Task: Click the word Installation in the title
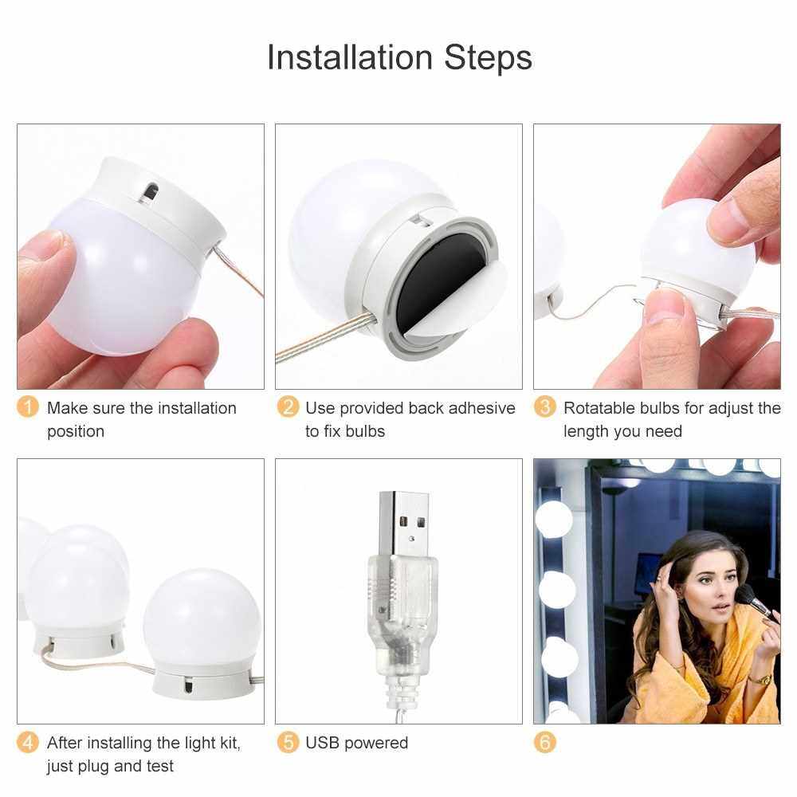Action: pyautogui.click(x=350, y=57)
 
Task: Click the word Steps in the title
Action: pyautogui.click(x=489, y=58)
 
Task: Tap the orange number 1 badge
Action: pyautogui.click(x=28, y=407)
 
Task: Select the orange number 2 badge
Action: pyautogui.click(x=288, y=407)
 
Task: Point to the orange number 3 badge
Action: pyautogui.click(x=545, y=407)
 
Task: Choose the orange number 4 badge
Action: pyautogui.click(x=28, y=742)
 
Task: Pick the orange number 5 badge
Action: pyautogui.click(x=288, y=742)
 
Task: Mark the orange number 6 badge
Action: pyautogui.click(x=545, y=742)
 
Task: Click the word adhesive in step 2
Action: pyautogui.click(x=482, y=407)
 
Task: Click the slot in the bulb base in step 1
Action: pyautogui.click(x=151, y=193)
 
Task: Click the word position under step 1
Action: pyautogui.click(x=76, y=432)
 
